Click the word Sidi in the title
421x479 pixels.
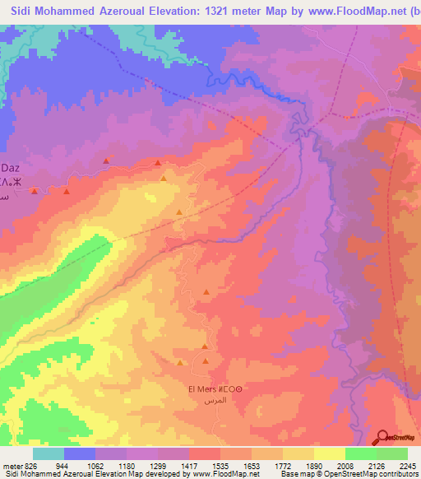(24, 11)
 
